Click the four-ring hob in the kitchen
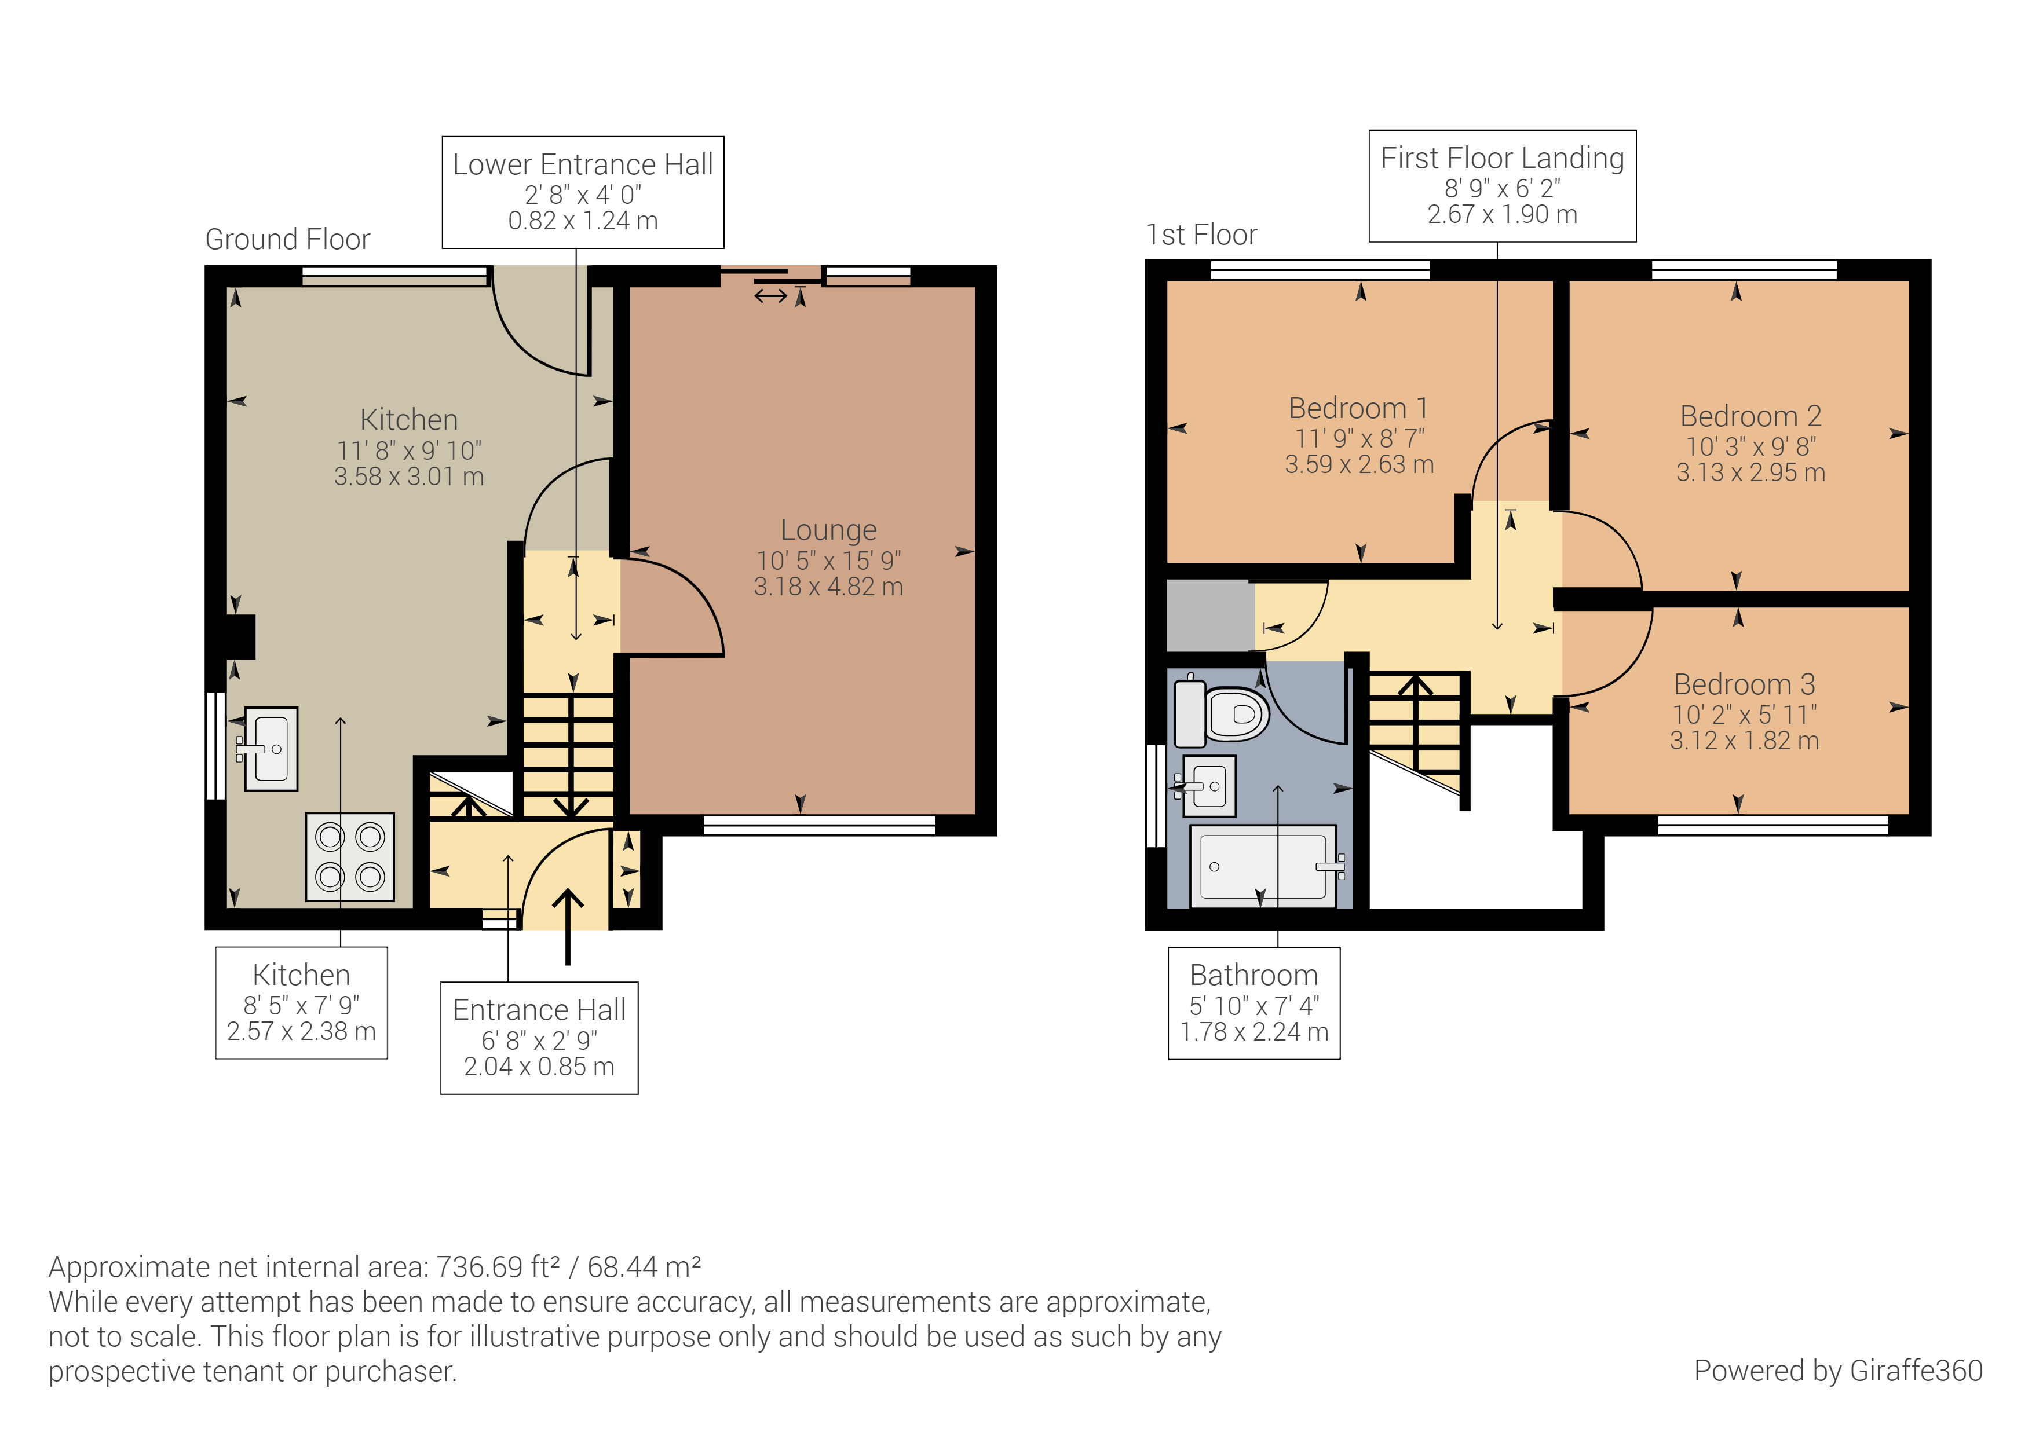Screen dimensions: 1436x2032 point(350,856)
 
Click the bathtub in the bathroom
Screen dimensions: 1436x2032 point(1263,866)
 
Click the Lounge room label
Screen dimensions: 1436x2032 point(828,530)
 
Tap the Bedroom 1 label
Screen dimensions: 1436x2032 point(1358,409)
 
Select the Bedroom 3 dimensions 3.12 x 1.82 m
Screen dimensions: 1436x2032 point(1744,741)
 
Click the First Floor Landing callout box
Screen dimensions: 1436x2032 point(1502,186)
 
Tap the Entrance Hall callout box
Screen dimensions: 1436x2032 point(539,1037)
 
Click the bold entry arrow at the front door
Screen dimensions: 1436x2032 point(567,925)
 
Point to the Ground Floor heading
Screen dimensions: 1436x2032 point(288,239)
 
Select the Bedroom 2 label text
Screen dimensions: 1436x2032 point(1750,416)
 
